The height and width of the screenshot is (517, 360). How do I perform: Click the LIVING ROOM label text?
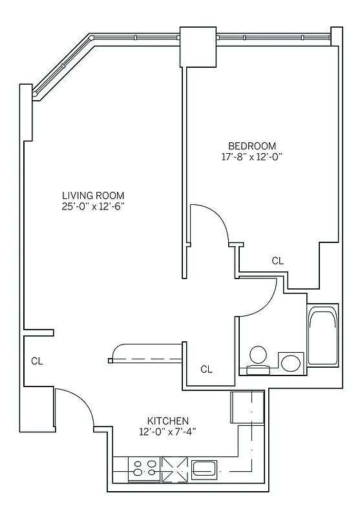[x=93, y=195]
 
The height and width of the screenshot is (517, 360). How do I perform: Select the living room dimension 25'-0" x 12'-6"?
[x=93, y=207]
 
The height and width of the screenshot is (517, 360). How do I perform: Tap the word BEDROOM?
[x=252, y=145]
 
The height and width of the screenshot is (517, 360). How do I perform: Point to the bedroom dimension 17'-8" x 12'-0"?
[x=252, y=157]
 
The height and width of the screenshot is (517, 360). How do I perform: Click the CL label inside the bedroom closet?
[x=277, y=261]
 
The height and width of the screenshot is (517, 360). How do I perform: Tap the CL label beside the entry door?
[x=37, y=361]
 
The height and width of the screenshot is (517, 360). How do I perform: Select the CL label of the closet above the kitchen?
[x=206, y=370]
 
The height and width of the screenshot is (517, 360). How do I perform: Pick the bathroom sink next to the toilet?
[x=291, y=363]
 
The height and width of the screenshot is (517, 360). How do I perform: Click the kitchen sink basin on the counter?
[x=206, y=468]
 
